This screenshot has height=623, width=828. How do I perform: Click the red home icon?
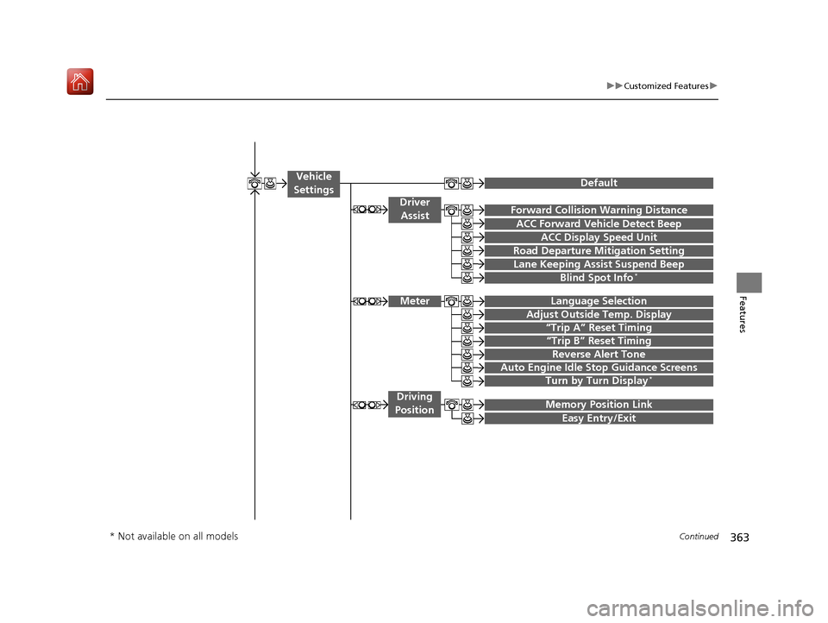pos(79,83)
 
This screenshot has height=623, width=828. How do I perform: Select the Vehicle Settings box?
pos(313,183)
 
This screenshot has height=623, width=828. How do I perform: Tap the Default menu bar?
pos(599,183)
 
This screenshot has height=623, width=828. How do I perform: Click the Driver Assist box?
pos(414,209)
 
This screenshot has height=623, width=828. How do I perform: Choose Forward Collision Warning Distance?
pos(599,210)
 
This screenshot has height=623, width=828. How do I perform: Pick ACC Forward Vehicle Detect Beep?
pos(599,223)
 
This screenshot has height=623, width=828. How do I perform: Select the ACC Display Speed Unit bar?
pos(599,237)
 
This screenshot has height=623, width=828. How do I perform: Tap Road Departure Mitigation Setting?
pos(599,251)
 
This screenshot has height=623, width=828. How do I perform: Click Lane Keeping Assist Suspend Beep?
pos(599,264)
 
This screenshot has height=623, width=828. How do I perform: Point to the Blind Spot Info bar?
pos(599,278)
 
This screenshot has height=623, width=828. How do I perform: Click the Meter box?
pos(414,301)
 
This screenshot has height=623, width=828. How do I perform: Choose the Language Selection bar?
pos(599,301)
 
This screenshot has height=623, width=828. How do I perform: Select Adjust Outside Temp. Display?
pos(599,314)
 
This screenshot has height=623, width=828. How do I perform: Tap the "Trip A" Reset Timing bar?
pos(599,328)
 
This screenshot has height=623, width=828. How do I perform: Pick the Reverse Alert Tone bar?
pos(599,354)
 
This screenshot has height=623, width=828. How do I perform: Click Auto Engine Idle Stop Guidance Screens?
pos(599,368)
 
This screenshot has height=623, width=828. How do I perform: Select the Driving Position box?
pos(414,404)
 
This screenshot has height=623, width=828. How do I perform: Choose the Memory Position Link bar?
pos(599,405)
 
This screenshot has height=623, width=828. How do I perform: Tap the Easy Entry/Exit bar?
pos(599,418)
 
